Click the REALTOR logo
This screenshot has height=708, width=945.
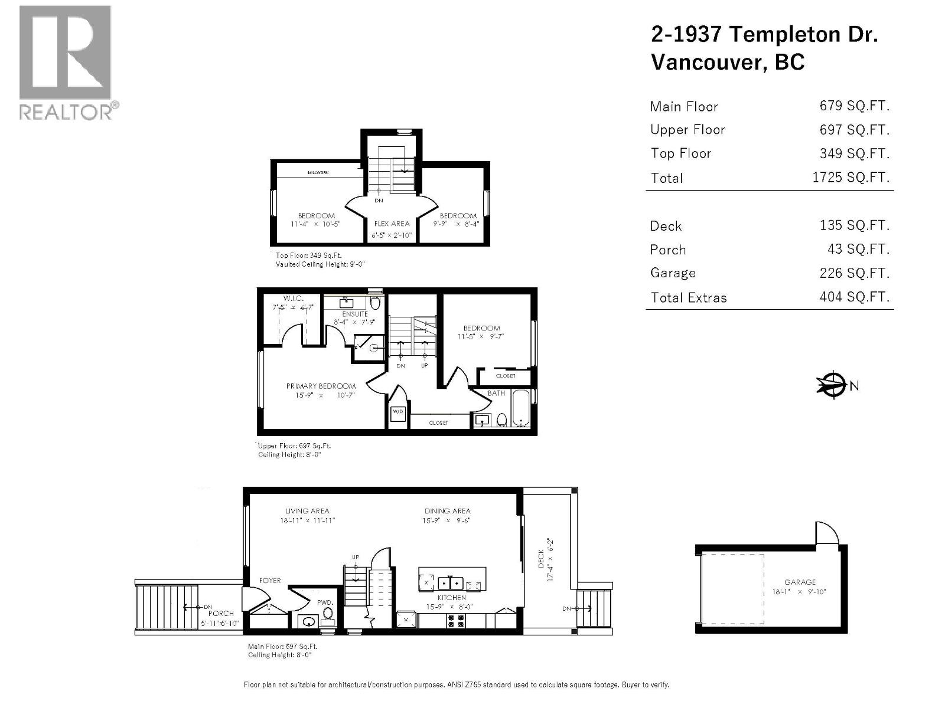65,62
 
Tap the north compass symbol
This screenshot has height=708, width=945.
833,385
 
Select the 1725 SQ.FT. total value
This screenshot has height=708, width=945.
850,178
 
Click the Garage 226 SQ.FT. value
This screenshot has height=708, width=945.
854,273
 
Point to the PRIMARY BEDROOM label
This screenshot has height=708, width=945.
321,386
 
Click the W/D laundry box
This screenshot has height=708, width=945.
397,412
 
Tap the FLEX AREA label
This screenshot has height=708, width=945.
392,224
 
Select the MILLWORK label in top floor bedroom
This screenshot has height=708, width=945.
318,172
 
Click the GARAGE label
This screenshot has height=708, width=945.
800,582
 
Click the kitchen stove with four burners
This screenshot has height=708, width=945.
456,621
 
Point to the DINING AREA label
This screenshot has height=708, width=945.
447,511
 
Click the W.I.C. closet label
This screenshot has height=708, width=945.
293,299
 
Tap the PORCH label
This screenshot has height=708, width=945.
221,614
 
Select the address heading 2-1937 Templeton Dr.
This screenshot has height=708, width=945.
764,34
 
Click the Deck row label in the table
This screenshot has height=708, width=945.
666,226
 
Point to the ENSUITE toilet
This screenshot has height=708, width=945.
374,303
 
